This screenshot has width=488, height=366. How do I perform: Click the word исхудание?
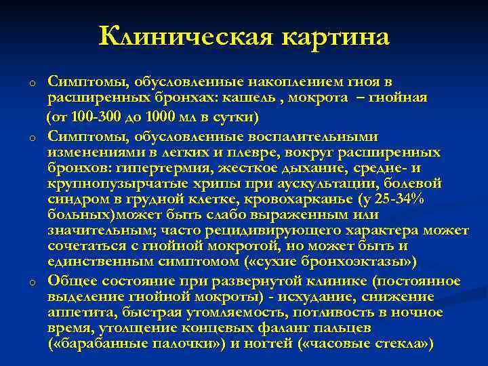coord(318,296)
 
